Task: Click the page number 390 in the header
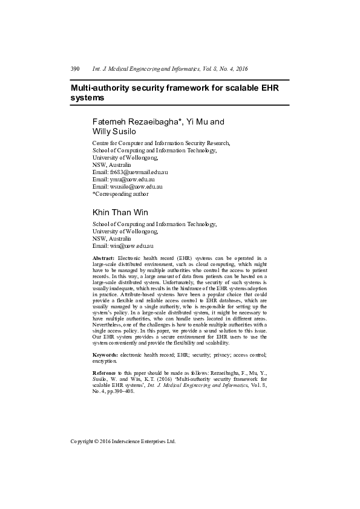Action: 75,69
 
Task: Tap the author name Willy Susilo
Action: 114,131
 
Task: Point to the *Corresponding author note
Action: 120,194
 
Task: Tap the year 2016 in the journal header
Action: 241,69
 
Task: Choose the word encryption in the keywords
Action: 104,360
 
